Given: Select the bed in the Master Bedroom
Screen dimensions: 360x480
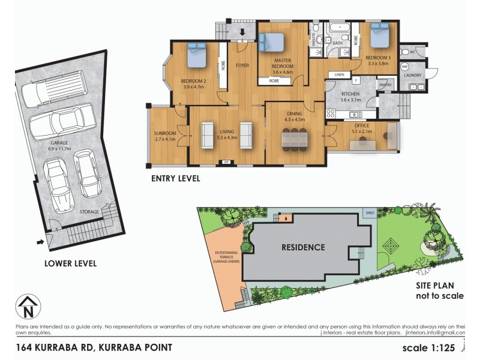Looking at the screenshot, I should coord(271,44).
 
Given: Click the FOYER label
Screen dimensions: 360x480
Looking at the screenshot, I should coord(242,65).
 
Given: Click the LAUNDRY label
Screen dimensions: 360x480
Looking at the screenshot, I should coord(413,76).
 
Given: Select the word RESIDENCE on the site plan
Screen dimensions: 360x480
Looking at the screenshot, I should coord(304,247).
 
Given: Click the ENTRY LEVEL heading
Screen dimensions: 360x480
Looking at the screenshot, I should coord(175,178).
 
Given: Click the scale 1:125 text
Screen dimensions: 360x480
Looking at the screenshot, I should coord(433,348).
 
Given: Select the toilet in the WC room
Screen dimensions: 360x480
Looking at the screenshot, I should coord(407,52).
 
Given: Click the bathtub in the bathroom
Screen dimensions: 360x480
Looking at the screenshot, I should coord(339,28).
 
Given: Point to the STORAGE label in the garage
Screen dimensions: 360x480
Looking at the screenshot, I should coord(89,212).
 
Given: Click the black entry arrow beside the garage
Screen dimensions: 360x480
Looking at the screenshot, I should coord(40,242).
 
